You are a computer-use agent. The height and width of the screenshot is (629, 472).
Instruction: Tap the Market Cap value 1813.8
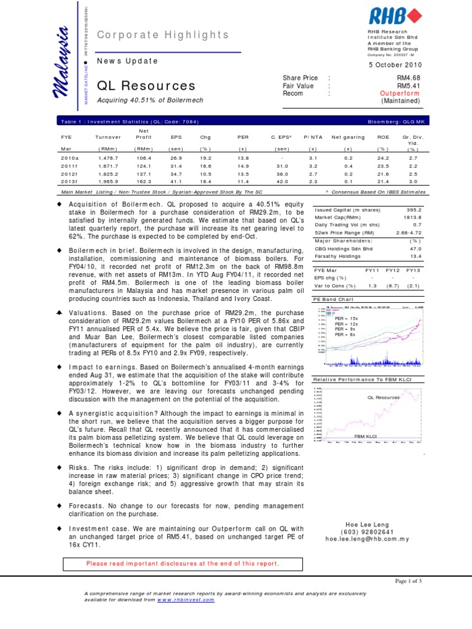point(413,217)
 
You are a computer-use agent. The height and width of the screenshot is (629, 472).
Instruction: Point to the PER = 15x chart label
point(345,319)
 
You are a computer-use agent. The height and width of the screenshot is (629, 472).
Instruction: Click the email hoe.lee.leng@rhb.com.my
point(366,539)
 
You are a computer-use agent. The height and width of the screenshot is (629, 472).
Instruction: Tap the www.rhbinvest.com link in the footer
point(186,600)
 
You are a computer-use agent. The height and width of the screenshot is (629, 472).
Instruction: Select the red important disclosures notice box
point(183,563)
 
